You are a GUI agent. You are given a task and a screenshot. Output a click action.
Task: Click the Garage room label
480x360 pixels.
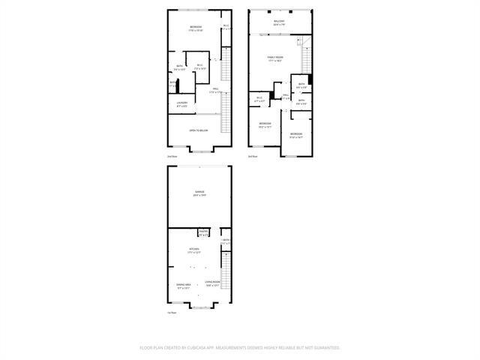click(x=199, y=193)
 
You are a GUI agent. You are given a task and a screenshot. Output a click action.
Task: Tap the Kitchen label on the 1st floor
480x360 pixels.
click(x=194, y=250)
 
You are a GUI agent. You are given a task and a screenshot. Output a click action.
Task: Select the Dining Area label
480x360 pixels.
click(x=184, y=285)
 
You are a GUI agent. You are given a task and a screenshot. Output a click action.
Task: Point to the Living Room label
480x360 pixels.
click(x=211, y=283)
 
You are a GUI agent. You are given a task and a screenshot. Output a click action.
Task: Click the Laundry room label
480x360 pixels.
click(x=181, y=103)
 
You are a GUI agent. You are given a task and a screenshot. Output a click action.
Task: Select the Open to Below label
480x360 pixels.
click(x=199, y=130)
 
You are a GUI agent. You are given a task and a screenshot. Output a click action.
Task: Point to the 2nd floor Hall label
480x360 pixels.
click(x=214, y=90)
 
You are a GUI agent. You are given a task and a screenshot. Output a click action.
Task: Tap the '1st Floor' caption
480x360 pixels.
click(x=172, y=312)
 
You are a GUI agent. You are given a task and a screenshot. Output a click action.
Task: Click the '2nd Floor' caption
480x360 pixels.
click(x=172, y=156)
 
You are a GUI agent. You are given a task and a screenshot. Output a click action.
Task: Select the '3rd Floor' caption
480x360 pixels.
click(x=253, y=156)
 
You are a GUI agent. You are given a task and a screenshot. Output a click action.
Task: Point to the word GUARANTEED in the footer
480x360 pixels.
click(x=323, y=348)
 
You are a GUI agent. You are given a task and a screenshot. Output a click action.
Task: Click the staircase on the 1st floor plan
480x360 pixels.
click(x=224, y=274)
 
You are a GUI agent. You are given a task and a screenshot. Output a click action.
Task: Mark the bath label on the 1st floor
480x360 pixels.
click(x=225, y=241)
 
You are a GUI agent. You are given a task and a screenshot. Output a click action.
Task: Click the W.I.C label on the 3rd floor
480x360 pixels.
click(x=259, y=98)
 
